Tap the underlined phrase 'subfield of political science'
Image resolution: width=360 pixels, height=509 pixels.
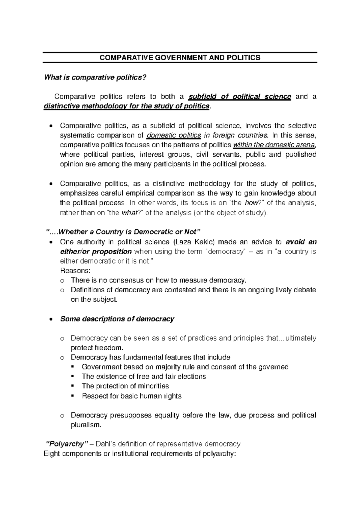pyautogui.click(x=239, y=97)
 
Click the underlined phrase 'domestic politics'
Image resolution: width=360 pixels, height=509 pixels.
pyautogui.click(x=174, y=135)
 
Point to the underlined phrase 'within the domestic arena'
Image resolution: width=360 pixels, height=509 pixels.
pyautogui.click(x=274, y=145)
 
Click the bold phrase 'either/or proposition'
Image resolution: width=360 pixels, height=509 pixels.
pyautogui.click(x=96, y=251)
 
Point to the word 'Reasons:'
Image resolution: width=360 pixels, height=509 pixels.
pyautogui.click(x=75, y=271)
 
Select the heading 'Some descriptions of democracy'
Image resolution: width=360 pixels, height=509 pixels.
pyautogui.click(x=117, y=319)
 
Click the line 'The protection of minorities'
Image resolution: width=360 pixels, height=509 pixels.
pyautogui.click(x=125, y=386)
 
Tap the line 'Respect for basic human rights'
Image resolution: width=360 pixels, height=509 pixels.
pyautogui.click(x=131, y=396)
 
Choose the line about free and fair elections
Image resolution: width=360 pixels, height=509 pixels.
pyautogui.click(x=144, y=377)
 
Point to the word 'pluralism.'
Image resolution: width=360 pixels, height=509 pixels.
pyautogui.click(x=86, y=425)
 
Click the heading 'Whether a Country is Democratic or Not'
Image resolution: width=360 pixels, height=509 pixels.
pyautogui.click(x=123, y=232)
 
